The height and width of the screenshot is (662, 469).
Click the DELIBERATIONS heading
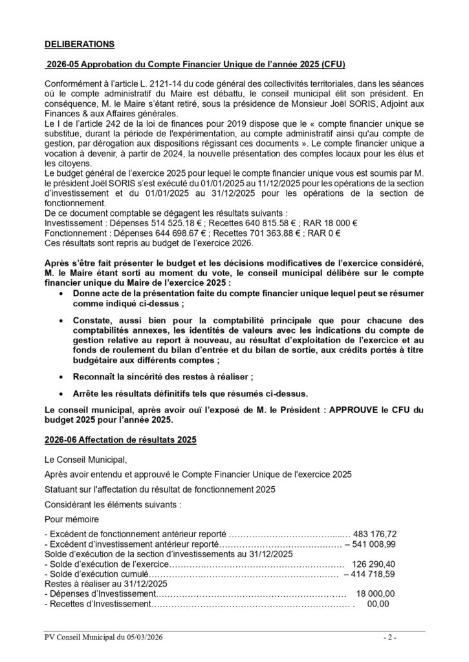click(x=79, y=45)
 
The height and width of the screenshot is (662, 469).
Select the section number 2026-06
click(x=62, y=439)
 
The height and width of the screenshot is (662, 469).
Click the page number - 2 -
click(x=389, y=638)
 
